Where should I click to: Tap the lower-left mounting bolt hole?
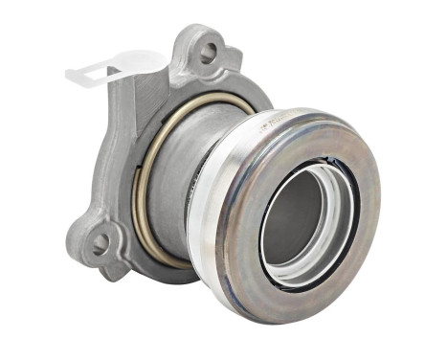coord(99,243)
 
